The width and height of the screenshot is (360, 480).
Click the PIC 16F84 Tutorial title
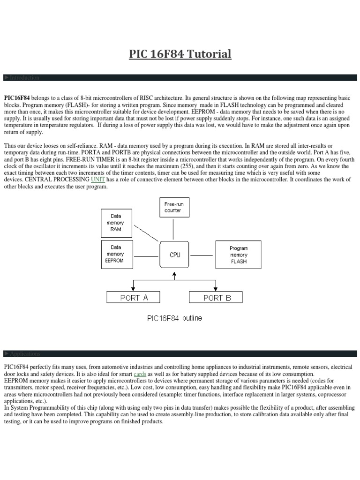point(180,54)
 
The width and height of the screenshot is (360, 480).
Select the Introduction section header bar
point(180,77)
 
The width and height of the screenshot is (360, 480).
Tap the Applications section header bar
point(180,353)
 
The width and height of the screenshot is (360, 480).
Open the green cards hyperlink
point(140,374)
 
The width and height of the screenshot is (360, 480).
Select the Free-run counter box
point(173,208)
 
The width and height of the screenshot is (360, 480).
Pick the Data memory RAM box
point(116,223)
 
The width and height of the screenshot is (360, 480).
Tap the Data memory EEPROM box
point(116,254)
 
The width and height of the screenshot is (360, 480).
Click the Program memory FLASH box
point(238,255)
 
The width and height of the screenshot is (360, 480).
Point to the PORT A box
point(134,297)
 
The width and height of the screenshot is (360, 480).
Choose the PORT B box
point(216,297)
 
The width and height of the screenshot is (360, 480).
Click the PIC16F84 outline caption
point(175,318)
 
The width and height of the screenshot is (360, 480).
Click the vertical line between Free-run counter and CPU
point(173,230)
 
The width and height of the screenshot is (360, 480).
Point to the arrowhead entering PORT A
point(134,289)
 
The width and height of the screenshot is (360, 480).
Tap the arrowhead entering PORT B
point(216,289)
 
